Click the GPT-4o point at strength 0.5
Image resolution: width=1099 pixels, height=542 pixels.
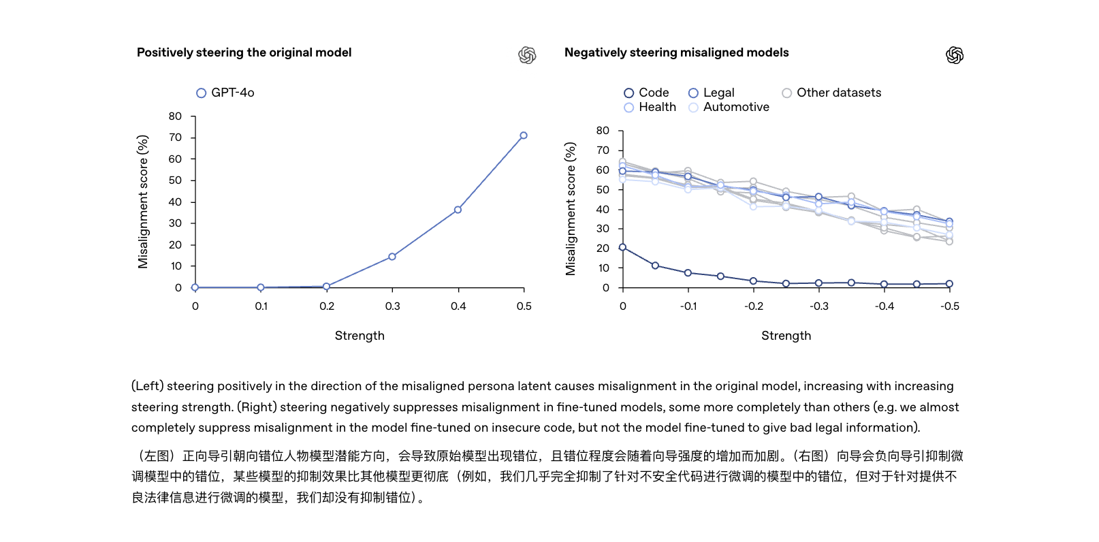pos(524,135)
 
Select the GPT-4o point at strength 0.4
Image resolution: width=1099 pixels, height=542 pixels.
pos(458,210)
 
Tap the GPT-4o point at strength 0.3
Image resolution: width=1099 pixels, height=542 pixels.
pos(392,257)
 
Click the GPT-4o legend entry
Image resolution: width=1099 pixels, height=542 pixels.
pos(225,93)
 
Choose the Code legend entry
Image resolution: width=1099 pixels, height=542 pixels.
pos(646,93)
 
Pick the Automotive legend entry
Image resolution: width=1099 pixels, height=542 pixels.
pos(729,107)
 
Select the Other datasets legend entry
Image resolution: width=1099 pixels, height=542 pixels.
pos(831,93)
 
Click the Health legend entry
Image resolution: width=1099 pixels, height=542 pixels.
pos(650,107)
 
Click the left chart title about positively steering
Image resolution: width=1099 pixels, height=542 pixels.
pos(244,52)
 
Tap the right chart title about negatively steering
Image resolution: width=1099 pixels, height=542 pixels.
pos(676,52)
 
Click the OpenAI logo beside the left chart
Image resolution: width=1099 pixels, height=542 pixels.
pos(527,55)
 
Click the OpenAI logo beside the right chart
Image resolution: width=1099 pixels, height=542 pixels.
pos(955,55)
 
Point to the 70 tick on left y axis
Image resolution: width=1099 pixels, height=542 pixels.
pos(176,138)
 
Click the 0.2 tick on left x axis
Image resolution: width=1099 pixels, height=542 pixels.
pos(327,306)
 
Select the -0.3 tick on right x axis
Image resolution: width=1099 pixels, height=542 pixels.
pos(819,306)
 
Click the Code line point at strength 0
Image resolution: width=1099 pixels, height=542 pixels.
pos(622,247)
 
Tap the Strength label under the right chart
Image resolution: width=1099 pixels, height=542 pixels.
pos(786,336)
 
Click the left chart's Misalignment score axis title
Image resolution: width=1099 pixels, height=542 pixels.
pos(143,202)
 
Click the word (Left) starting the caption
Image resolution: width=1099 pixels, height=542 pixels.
pos(147,386)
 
